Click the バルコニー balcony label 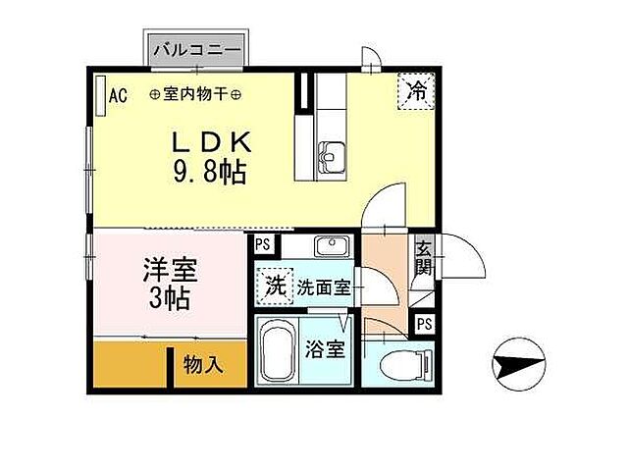pyautogui.click(x=200, y=47)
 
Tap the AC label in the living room pyautogui.click(x=118, y=95)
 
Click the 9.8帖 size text pyautogui.click(x=209, y=173)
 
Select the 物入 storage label pyautogui.click(x=203, y=365)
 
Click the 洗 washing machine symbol pyautogui.click(x=277, y=288)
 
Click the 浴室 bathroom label pyautogui.click(x=325, y=348)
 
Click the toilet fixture pyautogui.click(x=413, y=363)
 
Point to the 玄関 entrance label pyautogui.click(x=423, y=256)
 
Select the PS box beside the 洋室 pyautogui.click(x=262, y=245)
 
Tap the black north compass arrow pyautogui.click(x=515, y=367)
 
